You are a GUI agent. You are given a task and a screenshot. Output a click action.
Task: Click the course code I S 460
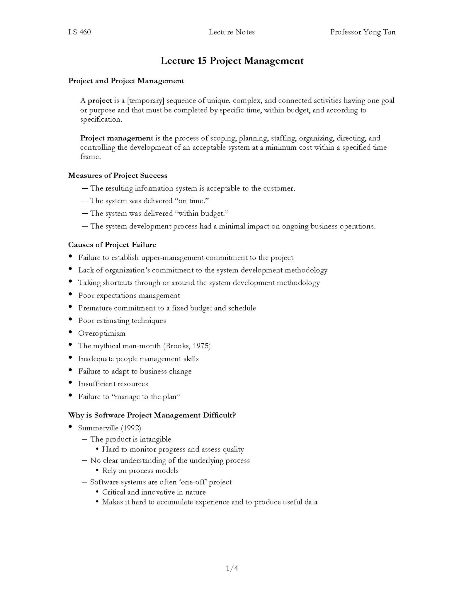click(79, 32)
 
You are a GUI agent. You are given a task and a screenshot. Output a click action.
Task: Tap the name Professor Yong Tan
click(363, 32)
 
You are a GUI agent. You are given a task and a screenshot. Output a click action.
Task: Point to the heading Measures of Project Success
click(118, 175)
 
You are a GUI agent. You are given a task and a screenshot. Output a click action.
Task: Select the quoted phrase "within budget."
click(201, 214)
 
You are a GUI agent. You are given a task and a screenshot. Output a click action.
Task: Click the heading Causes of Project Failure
click(112, 245)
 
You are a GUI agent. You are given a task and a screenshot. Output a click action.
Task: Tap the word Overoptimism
click(102, 333)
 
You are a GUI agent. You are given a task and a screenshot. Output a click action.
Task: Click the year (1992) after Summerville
click(131, 428)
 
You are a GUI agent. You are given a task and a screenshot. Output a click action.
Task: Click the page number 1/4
click(232, 568)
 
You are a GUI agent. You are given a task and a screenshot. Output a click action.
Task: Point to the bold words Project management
click(117, 138)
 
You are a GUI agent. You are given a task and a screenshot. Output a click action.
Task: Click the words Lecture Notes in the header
click(232, 32)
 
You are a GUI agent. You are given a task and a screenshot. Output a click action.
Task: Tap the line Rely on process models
click(140, 471)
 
